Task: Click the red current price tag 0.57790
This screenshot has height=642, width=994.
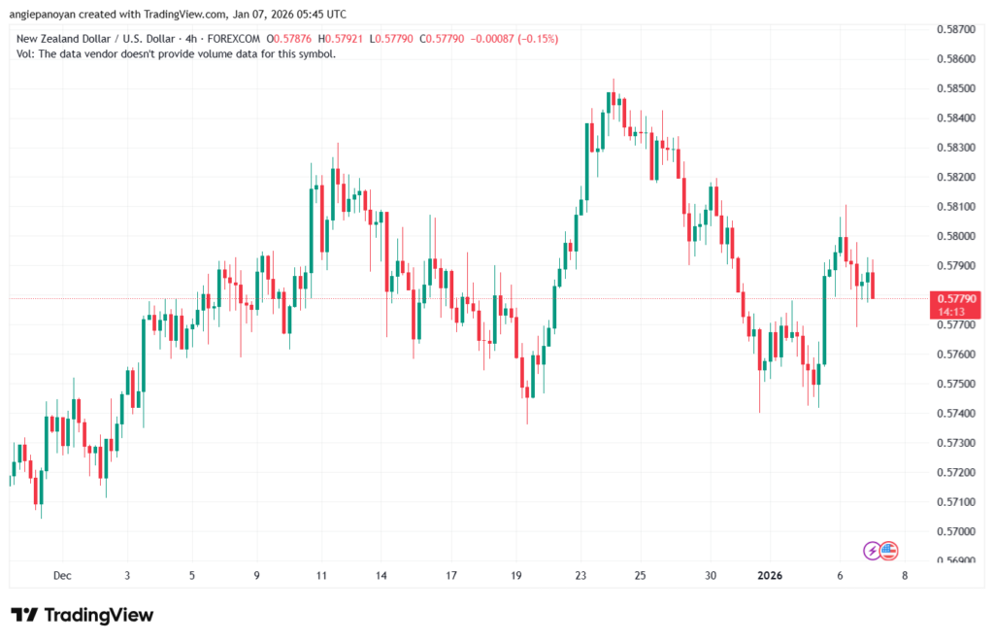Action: coord(956,298)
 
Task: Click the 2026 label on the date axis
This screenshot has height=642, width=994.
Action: coord(769,575)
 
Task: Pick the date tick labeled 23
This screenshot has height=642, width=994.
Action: coord(580,575)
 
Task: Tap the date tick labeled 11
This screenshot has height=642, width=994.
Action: coord(321,575)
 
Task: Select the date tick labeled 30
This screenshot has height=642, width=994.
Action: coord(711,575)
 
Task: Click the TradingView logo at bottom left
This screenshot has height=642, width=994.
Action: coord(83,615)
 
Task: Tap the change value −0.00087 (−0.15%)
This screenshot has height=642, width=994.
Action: coord(514,38)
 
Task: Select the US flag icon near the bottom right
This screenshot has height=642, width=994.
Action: coord(888,551)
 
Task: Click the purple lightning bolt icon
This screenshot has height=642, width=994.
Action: coord(873,551)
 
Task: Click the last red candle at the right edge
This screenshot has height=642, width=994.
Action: coord(873,285)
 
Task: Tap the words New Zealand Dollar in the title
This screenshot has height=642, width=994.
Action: coord(69,38)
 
